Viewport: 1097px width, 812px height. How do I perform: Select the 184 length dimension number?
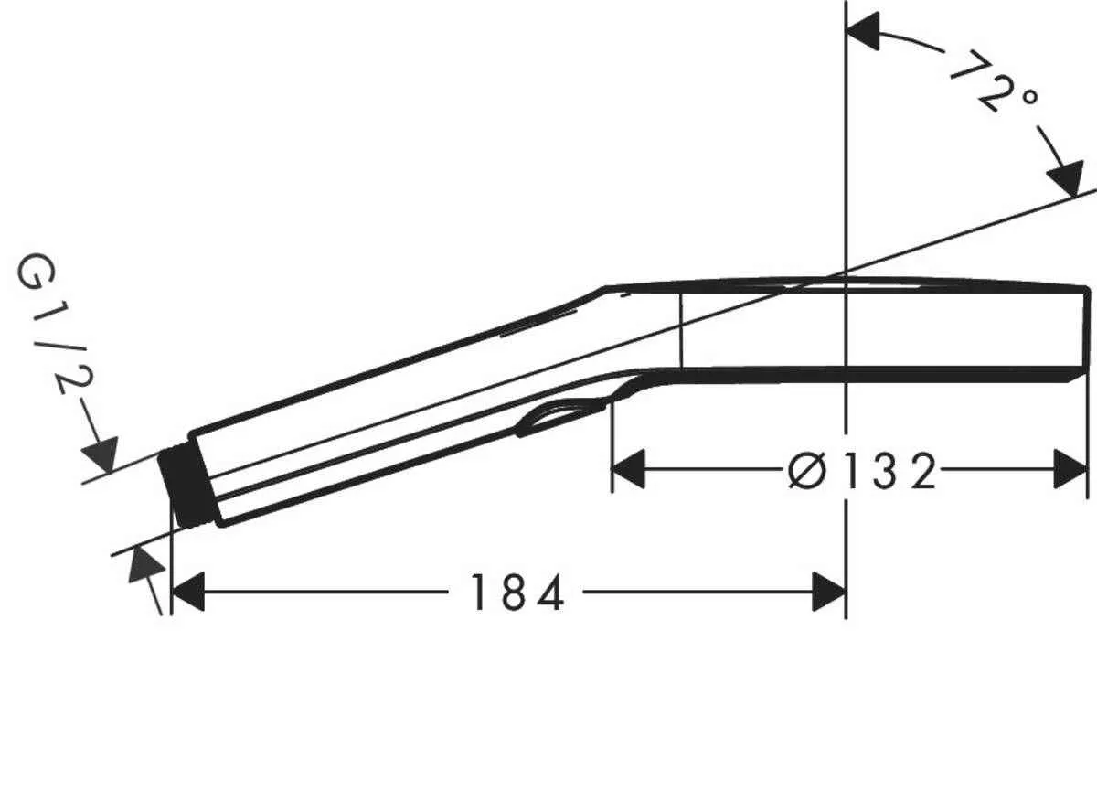coord(517,594)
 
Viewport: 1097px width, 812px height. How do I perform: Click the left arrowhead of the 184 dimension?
coord(187,594)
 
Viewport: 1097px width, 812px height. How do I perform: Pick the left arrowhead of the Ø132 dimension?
coord(628,470)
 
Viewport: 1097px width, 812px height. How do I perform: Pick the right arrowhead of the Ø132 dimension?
coord(1070,470)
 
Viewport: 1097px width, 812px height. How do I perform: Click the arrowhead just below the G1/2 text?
coord(101,454)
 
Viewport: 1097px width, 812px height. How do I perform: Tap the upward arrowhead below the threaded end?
coord(144,567)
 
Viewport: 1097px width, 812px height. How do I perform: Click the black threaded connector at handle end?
coord(188,486)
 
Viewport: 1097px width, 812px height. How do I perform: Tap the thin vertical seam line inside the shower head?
coord(681,327)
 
